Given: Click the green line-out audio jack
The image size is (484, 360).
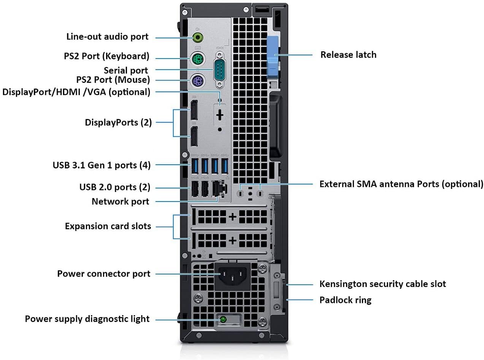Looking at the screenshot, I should coord(197,37).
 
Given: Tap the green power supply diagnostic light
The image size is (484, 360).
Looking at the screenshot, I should coord(223,320).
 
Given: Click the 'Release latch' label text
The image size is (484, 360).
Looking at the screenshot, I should coord(348,55).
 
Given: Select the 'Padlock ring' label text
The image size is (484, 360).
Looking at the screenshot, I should coord(345,300).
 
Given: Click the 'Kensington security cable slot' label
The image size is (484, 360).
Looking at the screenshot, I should coord(382,284).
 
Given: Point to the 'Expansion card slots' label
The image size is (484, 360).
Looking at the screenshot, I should coord(108,226).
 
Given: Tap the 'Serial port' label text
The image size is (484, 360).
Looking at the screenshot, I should coord(126,70).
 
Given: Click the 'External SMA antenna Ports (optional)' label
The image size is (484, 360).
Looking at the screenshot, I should coord(401,184).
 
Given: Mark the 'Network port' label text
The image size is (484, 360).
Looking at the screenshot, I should coord(121,201).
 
